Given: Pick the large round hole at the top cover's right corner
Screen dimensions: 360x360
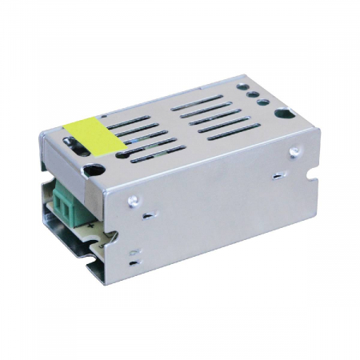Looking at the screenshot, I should (x=281, y=114).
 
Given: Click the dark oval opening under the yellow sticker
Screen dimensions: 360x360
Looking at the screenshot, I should (x=72, y=145).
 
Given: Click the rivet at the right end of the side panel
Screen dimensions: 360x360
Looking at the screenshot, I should (x=295, y=152).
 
